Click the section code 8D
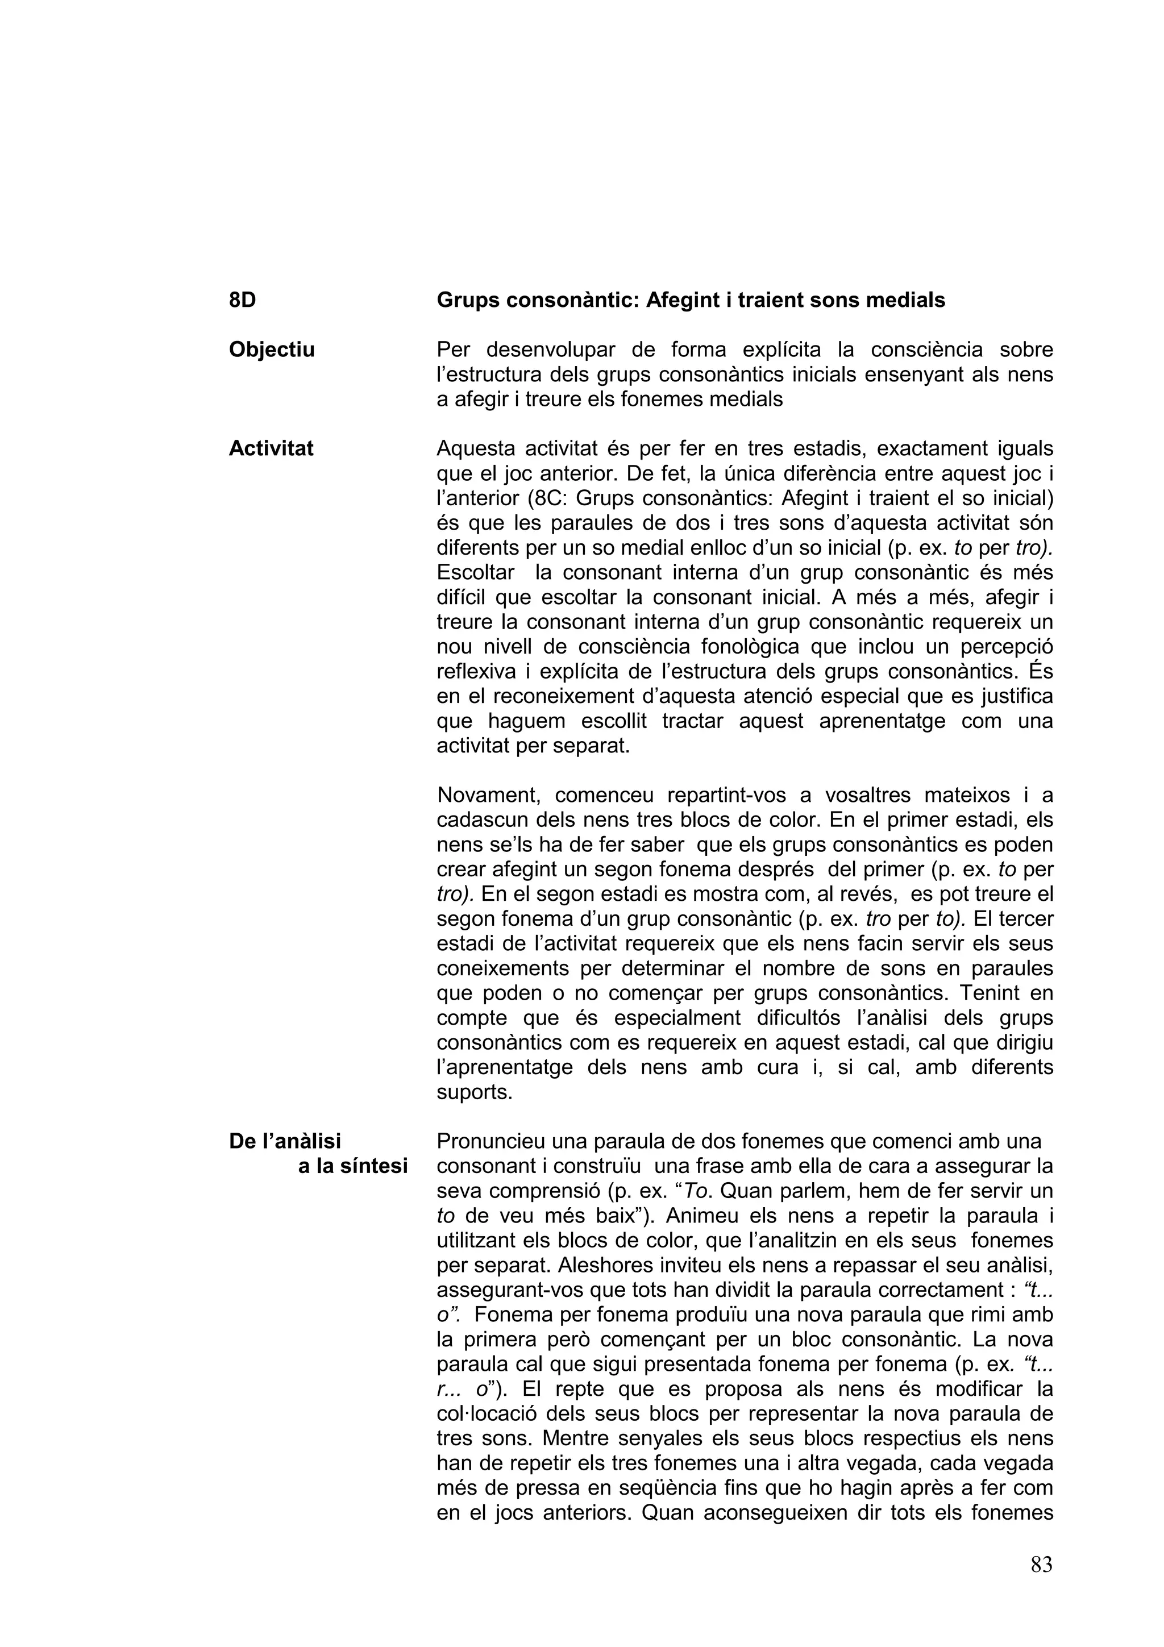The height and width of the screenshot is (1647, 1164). tap(243, 300)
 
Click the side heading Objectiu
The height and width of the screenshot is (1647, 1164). tap(272, 350)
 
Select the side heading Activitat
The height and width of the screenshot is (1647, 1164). tap(271, 448)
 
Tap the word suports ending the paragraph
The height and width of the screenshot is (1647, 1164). tap(474, 1092)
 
